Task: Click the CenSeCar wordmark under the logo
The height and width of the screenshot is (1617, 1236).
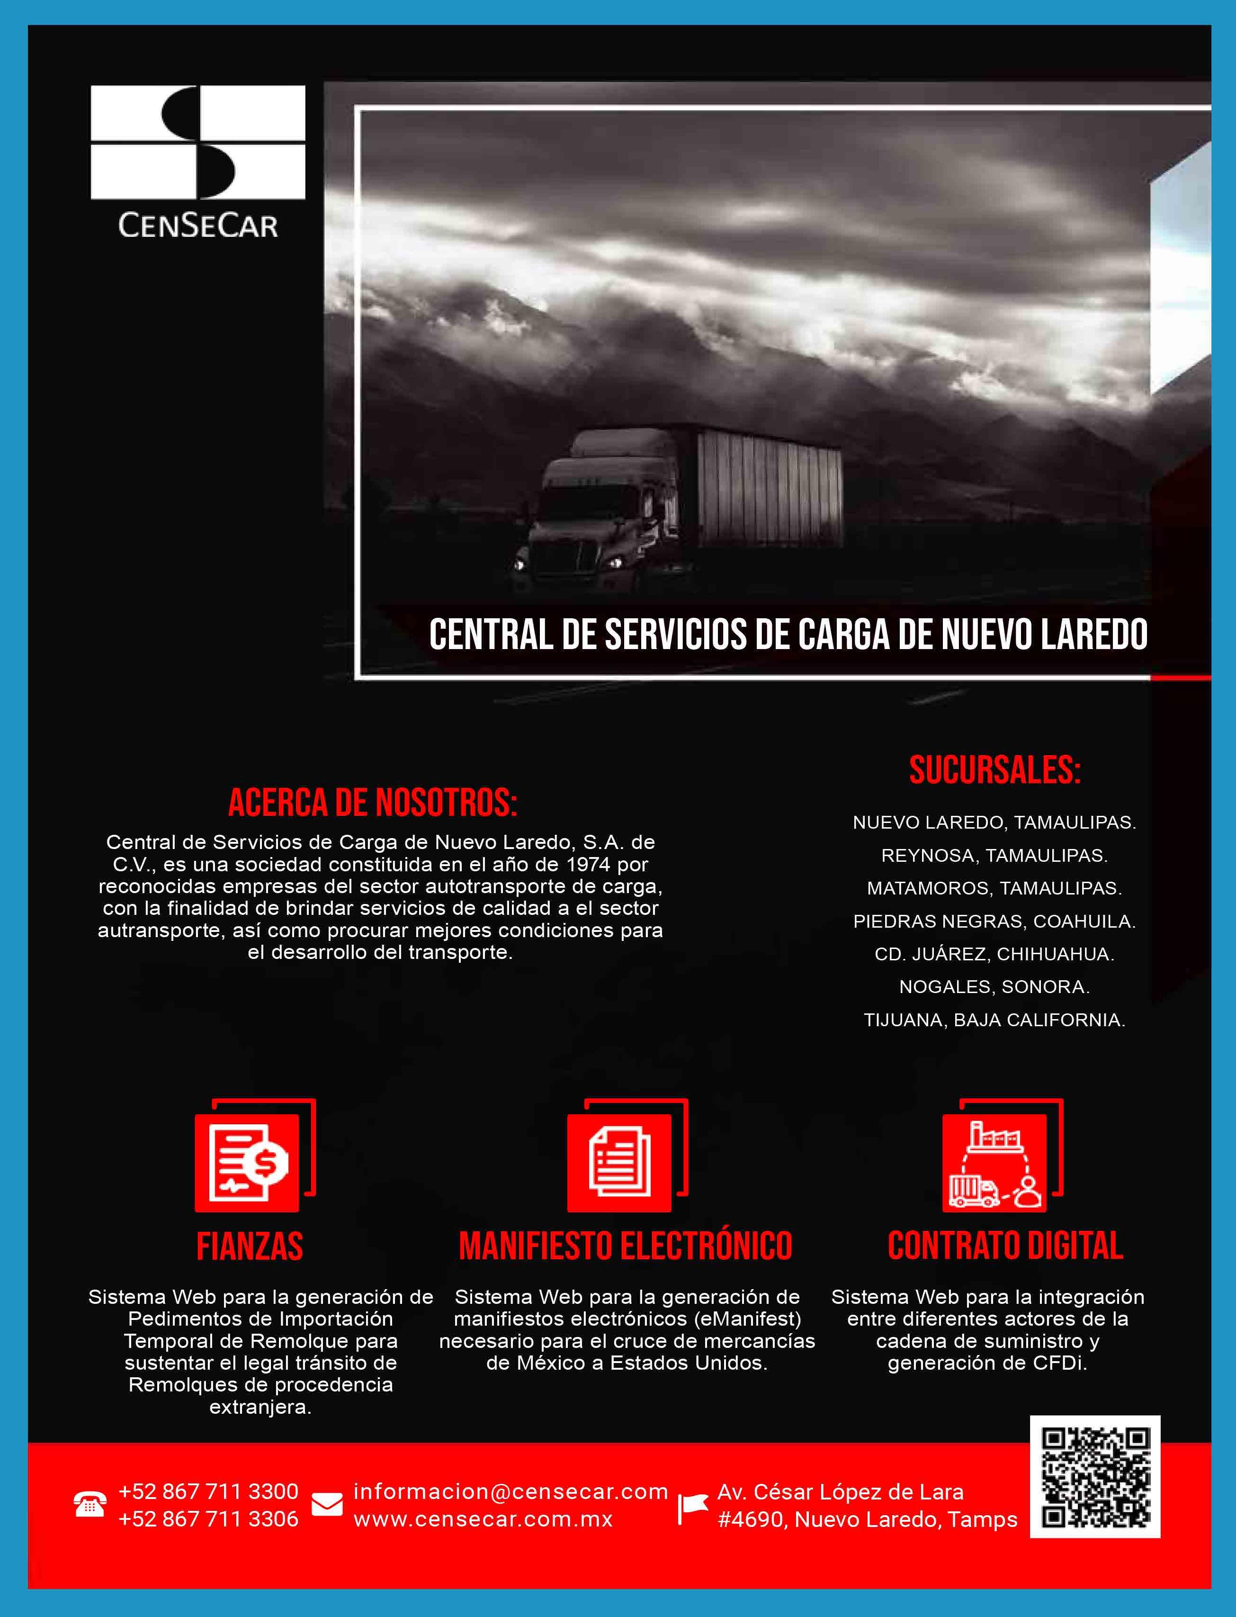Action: point(198,225)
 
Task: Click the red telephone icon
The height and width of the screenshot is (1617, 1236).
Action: point(90,1504)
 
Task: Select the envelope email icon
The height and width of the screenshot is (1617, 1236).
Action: point(327,1504)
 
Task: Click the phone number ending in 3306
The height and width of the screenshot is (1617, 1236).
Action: point(208,1518)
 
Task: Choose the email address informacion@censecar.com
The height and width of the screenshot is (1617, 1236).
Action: point(510,1491)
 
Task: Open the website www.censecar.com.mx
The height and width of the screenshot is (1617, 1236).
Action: point(483,1518)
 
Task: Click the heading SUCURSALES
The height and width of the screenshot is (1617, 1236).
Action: point(994,770)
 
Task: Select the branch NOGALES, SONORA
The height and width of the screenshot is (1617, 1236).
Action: point(994,986)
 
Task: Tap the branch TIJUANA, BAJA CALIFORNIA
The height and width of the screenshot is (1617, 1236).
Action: point(994,1020)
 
